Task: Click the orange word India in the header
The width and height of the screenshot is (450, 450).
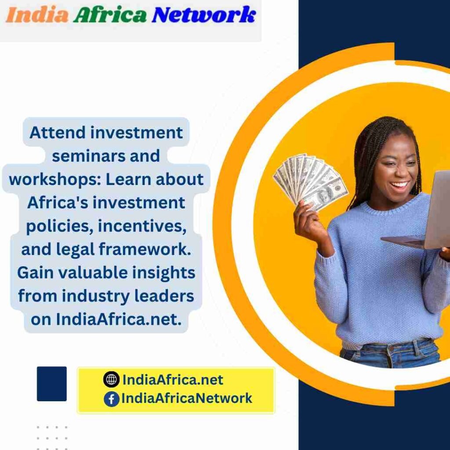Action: pyautogui.click(x=37, y=15)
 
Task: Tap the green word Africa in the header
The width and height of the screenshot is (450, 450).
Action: pyautogui.click(x=110, y=15)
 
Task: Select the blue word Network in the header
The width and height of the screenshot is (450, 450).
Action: pyautogui.click(x=204, y=15)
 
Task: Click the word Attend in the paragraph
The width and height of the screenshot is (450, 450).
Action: pyautogui.click(x=58, y=133)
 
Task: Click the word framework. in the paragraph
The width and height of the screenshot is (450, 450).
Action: pyautogui.click(x=145, y=249)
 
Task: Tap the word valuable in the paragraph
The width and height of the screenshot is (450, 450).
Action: pyautogui.click(x=93, y=272)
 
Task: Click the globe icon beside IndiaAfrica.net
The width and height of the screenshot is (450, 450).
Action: pyautogui.click(x=111, y=379)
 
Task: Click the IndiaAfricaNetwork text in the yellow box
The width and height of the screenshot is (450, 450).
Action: pyautogui.click(x=186, y=398)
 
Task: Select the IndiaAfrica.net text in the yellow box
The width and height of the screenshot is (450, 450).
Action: pyautogui.click(x=173, y=380)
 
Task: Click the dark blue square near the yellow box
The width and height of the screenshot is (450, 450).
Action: pyautogui.click(x=52, y=384)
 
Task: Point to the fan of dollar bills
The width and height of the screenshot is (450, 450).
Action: pyautogui.click(x=310, y=181)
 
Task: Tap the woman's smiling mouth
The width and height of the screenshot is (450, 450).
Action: pyautogui.click(x=400, y=185)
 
